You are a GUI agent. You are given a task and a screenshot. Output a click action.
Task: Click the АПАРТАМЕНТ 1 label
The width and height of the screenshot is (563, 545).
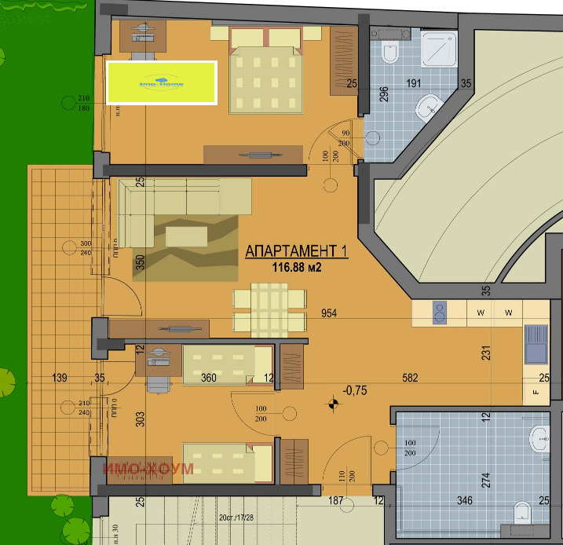coord(296,251)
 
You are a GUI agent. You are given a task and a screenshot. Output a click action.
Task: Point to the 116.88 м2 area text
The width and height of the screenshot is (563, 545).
coord(297,268)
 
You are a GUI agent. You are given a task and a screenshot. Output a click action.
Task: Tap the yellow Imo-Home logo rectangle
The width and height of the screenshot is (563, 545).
coord(161,82)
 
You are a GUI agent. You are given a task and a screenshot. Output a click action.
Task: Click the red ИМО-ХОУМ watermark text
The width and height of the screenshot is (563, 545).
coord(148,470)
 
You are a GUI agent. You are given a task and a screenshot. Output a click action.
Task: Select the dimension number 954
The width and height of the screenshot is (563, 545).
coord(330,313)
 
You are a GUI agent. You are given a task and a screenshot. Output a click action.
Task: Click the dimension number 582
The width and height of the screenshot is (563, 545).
coord(410,378)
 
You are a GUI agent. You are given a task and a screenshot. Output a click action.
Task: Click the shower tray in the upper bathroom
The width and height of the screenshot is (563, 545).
coord(439,49)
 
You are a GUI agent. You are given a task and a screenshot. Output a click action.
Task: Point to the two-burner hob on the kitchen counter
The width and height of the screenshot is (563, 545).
coord(441,313)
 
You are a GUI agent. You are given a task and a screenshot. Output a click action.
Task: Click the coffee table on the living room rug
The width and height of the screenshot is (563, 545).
coord(187,236)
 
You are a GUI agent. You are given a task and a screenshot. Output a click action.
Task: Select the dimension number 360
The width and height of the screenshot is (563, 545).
coord(209,378)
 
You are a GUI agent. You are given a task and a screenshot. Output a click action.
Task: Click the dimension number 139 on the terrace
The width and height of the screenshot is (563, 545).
coord(59,378)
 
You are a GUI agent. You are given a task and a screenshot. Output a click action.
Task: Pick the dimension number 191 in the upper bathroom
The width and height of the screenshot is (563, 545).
coord(414,83)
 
